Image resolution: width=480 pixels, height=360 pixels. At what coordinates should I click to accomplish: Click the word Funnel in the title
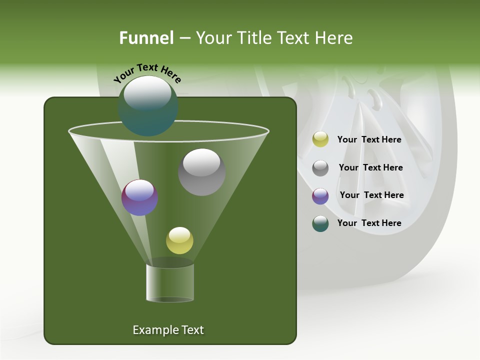146,38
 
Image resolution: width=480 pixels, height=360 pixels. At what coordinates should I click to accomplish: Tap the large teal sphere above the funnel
147,105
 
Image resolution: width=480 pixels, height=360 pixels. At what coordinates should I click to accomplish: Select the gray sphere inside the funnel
201,171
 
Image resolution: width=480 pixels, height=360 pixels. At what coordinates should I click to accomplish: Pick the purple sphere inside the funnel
139,197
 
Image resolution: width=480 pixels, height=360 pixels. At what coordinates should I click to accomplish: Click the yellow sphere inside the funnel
179,240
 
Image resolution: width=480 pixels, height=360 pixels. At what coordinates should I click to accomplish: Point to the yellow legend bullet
320,139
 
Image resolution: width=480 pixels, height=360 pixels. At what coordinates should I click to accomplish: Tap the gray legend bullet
320,168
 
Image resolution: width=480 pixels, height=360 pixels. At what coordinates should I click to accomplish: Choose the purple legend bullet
320,196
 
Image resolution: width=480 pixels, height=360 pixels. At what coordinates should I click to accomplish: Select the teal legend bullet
320,223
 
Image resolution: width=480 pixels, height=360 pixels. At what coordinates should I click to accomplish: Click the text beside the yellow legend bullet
369,139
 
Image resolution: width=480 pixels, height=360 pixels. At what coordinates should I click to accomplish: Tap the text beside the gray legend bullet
370,167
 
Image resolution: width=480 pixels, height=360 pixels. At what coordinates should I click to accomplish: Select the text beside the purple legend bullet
371,195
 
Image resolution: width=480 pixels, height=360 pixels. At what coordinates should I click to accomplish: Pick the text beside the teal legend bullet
369,223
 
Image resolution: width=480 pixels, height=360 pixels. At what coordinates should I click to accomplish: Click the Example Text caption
168,330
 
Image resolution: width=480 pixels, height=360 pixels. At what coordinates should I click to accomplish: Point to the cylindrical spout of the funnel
170,282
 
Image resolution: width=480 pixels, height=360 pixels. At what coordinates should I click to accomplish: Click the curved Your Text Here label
147,72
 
